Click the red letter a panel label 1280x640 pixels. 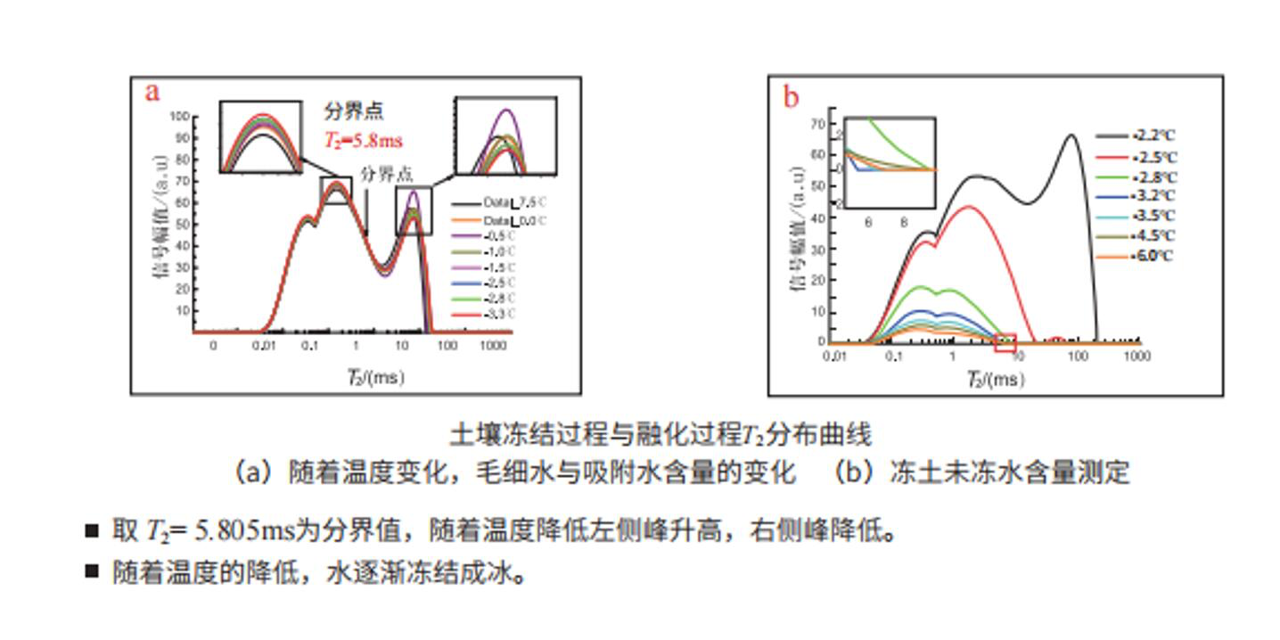click(x=153, y=92)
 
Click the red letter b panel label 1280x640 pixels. click(x=791, y=96)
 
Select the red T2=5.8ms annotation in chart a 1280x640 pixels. click(x=363, y=140)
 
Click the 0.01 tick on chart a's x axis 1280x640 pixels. click(x=262, y=344)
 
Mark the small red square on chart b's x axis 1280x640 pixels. click(x=1005, y=342)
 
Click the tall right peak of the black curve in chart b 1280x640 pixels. click(x=1071, y=135)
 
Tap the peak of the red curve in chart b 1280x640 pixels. click(x=970, y=207)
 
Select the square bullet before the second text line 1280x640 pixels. click(x=91, y=570)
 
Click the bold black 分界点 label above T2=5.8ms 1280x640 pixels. click(x=353, y=111)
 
